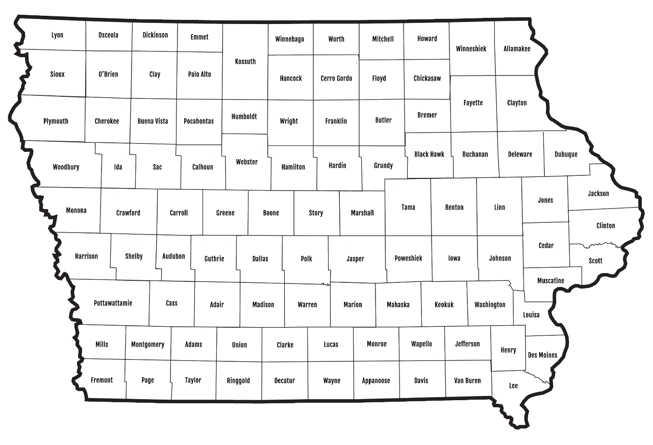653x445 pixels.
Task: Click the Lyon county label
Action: (x=58, y=35)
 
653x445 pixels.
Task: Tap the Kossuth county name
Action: (x=245, y=62)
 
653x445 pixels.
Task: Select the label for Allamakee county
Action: (x=517, y=49)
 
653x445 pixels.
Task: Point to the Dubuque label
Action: (x=566, y=154)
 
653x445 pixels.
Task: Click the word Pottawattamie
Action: (x=113, y=303)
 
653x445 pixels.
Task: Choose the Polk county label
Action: (x=306, y=258)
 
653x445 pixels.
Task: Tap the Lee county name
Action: (x=513, y=385)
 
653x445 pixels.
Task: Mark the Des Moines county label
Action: (x=542, y=355)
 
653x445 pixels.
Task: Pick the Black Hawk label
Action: (x=430, y=154)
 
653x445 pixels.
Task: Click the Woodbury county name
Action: (x=66, y=167)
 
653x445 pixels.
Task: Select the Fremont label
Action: (x=102, y=380)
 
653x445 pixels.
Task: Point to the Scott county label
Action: (x=595, y=260)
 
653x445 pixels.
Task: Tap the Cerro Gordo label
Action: (x=336, y=78)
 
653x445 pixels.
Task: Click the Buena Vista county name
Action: (x=153, y=121)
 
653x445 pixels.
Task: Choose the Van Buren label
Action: (x=467, y=380)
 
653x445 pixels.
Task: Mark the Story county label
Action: (x=316, y=213)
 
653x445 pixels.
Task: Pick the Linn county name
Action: (x=499, y=207)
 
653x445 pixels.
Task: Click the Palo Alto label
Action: (x=199, y=74)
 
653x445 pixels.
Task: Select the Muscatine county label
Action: (x=551, y=280)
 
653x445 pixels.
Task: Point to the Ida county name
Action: (x=118, y=167)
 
